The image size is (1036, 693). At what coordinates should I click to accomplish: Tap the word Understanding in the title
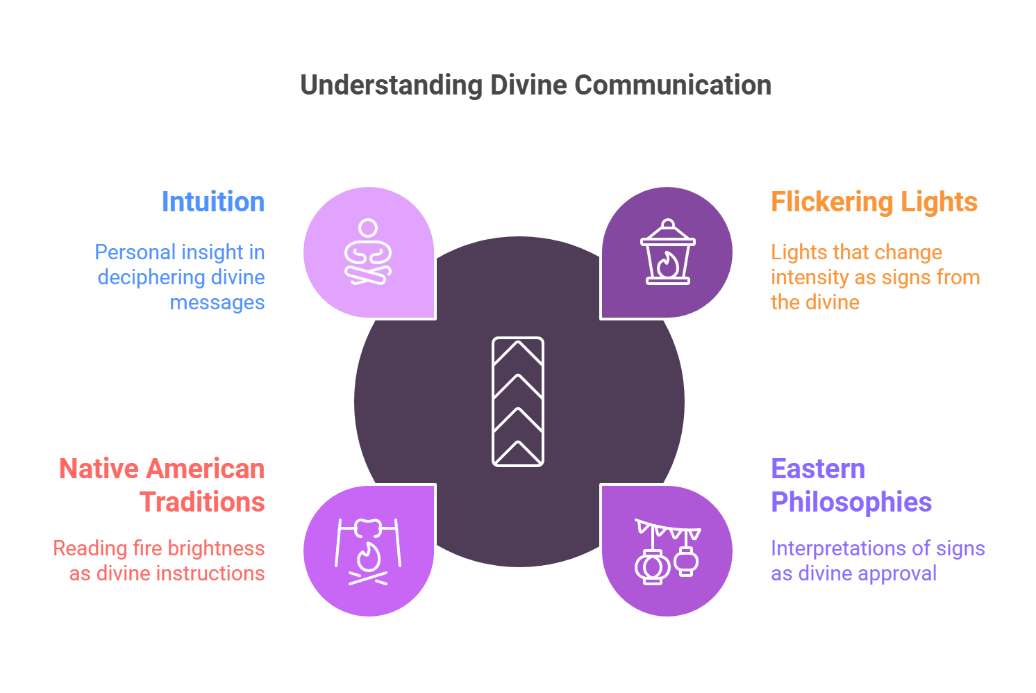click(392, 85)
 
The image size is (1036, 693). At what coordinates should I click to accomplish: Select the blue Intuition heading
click(213, 202)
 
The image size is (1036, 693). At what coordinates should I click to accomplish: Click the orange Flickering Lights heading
click(874, 202)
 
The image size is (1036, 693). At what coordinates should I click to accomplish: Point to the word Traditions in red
click(202, 502)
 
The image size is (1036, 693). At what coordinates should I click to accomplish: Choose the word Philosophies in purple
click(851, 502)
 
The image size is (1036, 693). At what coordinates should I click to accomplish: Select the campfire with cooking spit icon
click(368, 551)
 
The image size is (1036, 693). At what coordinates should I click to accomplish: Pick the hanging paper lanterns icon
click(667, 551)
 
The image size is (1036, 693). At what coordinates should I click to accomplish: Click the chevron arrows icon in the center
click(518, 402)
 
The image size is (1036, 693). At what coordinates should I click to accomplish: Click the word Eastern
click(818, 469)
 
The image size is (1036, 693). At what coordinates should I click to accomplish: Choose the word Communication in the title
click(673, 85)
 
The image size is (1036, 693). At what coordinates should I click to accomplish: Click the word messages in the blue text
click(217, 302)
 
